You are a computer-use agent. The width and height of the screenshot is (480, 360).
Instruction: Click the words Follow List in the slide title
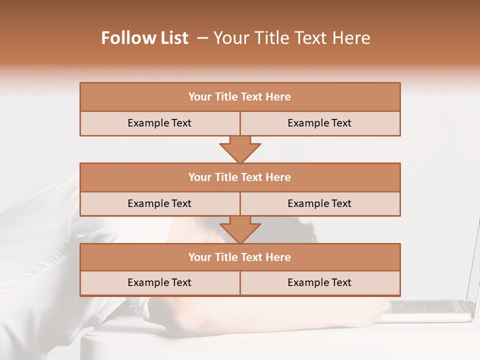click(144, 38)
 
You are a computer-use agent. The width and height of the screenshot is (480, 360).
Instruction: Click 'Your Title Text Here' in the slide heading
click(291, 38)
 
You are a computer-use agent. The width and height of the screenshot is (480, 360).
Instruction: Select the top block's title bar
click(240, 97)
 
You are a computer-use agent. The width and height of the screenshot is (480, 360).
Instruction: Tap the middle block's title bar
click(240, 177)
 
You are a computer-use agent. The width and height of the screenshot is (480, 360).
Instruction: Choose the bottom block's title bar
click(240, 257)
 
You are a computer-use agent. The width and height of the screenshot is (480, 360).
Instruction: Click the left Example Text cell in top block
click(159, 123)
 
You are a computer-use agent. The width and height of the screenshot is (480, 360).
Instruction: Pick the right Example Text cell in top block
click(319, 123)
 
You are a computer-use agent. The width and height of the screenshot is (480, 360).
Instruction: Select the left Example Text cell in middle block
click(159, 203)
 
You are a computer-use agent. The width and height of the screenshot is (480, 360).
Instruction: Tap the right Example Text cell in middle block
click(319, 203)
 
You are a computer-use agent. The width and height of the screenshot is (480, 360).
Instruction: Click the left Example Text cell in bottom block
click(159, 282)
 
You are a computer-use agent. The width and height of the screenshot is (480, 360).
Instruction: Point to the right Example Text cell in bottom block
click(319, 282)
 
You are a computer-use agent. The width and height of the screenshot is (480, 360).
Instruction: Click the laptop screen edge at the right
click(473, 265)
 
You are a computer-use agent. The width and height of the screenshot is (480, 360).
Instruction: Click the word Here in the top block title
click(278, 97)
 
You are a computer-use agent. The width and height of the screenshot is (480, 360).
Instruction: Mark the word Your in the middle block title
click(200, 177)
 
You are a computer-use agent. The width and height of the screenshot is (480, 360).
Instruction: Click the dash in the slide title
click(202, 38)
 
